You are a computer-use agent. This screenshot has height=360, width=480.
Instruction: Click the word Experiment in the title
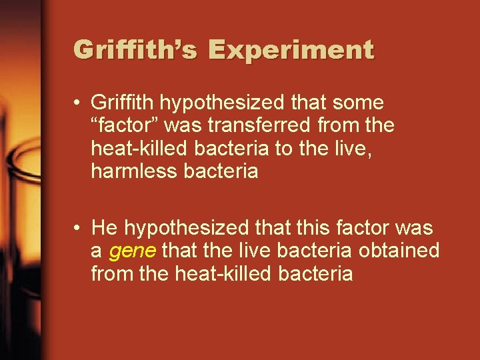291,50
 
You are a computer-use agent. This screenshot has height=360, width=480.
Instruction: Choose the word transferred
228,125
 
